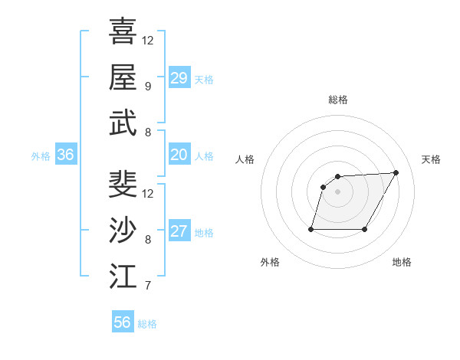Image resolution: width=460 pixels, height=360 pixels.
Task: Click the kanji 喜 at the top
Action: pyautogui.click(x=123, y=31)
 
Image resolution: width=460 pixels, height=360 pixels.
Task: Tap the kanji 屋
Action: pyautogui.click(x=123, y=77)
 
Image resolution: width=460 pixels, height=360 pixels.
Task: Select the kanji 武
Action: pyautogui.click(x=123, y=124)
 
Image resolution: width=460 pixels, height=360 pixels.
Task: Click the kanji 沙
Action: pyautogui.click(x=123, y=231)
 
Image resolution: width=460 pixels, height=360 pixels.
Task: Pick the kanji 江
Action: pyautogui.click(x=123, y=277)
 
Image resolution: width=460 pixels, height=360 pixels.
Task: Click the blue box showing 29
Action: pyautogui.click(x=179, y=78)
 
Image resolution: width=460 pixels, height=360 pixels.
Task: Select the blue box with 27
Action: pyautogui.click(x=179, y=232)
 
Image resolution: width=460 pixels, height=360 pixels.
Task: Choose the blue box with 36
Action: pyautogui.click(x=66, y=155)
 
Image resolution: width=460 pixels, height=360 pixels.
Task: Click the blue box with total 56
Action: pyautogui.click(x=123, y=322)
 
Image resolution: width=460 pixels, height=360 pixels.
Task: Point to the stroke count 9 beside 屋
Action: pyautogui.click(x=147, y=86)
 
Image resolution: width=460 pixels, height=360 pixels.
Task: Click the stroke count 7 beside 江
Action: pyautogui.click(x=147, y=286)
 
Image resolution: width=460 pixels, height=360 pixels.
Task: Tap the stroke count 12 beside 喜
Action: pyautogui.click(x=148, y=40)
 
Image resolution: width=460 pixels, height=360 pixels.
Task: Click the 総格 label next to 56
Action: pyautogui.click(x=147, y=324)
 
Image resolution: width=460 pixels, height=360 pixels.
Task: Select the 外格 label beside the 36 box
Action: pyautogui.click(x=41, y=156)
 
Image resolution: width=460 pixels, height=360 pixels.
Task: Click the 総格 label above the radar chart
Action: pyautogui.click(x=337, y=100)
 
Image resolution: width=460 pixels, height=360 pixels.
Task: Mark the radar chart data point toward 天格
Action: pyautogui.click(x=396, y=172)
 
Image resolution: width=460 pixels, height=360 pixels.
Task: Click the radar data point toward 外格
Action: pyautogui.click(x=311, y=229)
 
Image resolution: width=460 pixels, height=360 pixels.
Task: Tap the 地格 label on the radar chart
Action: pyautogui.click(x=402, y=262)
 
